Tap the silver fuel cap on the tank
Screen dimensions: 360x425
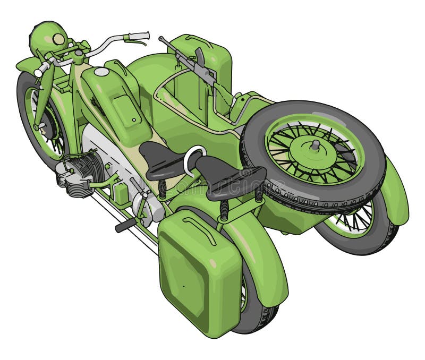[101, 72]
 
